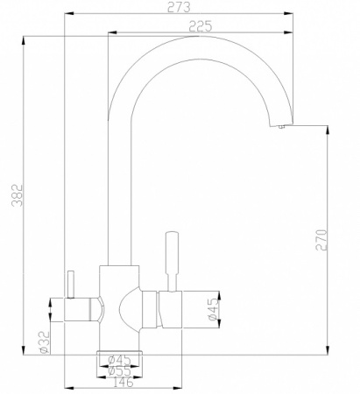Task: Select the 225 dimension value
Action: [200, 26]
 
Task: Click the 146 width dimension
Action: [122, 383]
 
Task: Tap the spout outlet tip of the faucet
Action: [281, 127]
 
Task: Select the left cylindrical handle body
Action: [83, 309]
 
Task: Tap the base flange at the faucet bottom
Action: [121, 348]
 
